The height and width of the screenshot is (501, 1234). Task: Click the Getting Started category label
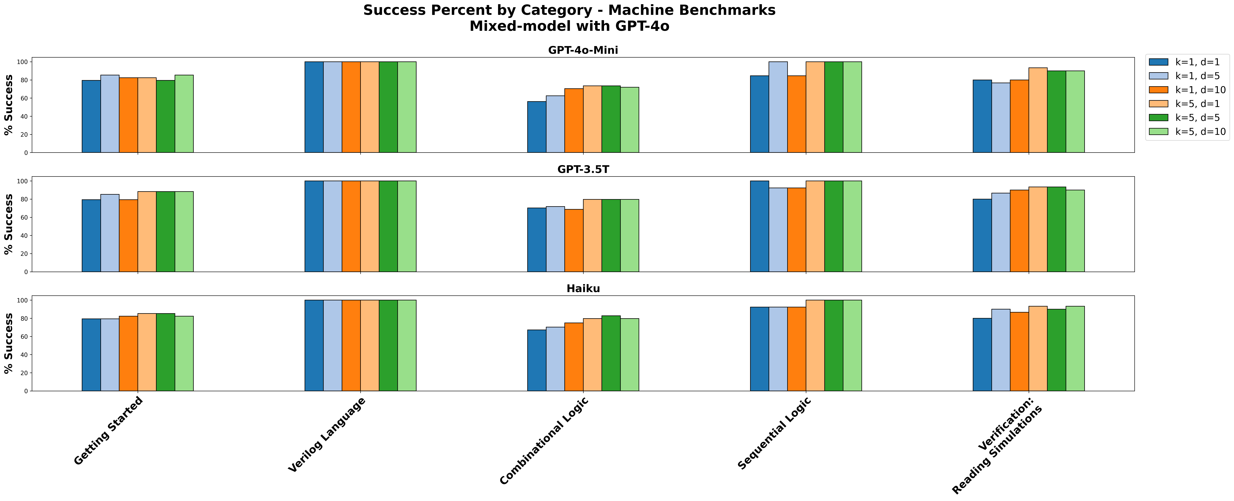coord(109,431)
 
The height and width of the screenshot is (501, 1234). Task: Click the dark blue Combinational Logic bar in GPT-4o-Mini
coord(537,127)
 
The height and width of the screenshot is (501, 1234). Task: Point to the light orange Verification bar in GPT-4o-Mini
coord(1038,110)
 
